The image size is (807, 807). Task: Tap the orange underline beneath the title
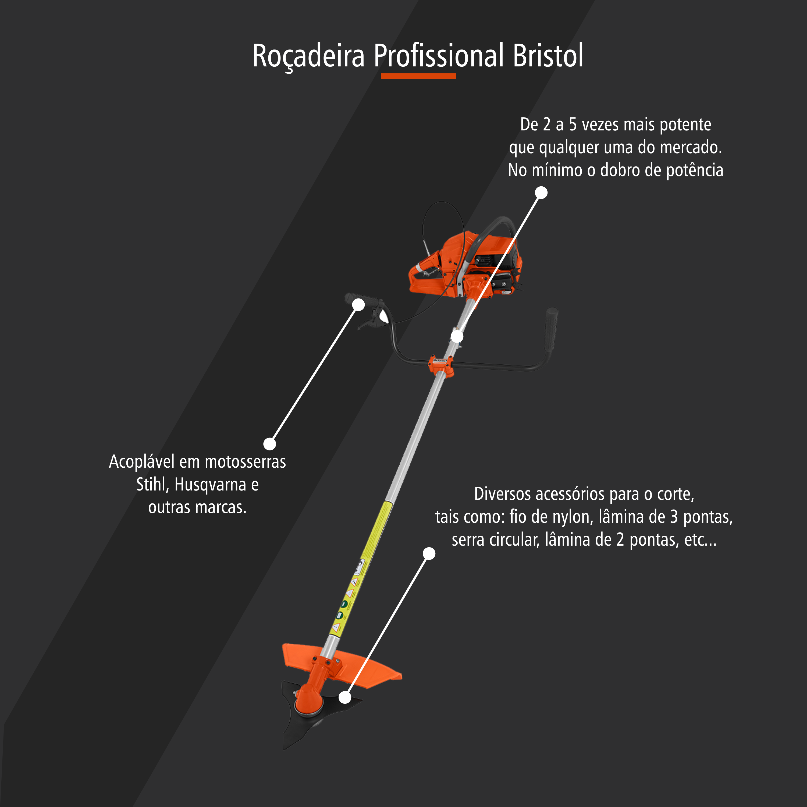(x=418, y=76)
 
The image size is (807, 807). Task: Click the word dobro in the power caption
(x=618, y=170)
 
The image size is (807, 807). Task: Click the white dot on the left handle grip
(x=358, y=305)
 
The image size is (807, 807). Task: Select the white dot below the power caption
(x=541, y=193)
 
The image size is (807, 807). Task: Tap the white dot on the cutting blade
(x=345, y=697)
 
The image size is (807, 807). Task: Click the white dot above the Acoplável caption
(x=270, y=444)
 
